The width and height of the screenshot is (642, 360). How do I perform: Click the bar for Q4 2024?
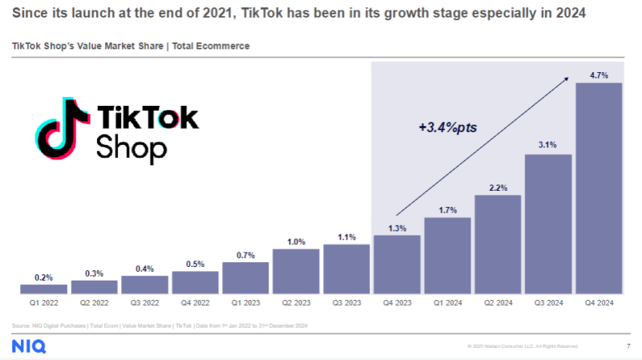click(599, 188)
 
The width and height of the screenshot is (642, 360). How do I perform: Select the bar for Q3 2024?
click(548, 224)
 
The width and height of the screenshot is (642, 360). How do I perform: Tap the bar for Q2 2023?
click(296, 271)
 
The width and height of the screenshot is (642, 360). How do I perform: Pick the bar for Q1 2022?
click(43, 289)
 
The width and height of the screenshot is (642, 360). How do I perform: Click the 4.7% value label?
click(599, 75)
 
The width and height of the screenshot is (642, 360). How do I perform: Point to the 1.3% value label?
click(397, 227)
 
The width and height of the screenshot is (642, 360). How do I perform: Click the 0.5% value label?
click(195, 263)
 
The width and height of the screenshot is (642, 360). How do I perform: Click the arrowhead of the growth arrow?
click(567, 79)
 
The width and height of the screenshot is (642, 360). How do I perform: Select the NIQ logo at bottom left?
click(29, 346)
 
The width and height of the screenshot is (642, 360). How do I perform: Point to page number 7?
click(627, 346)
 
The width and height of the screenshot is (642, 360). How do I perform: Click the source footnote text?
click(159, 325)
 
